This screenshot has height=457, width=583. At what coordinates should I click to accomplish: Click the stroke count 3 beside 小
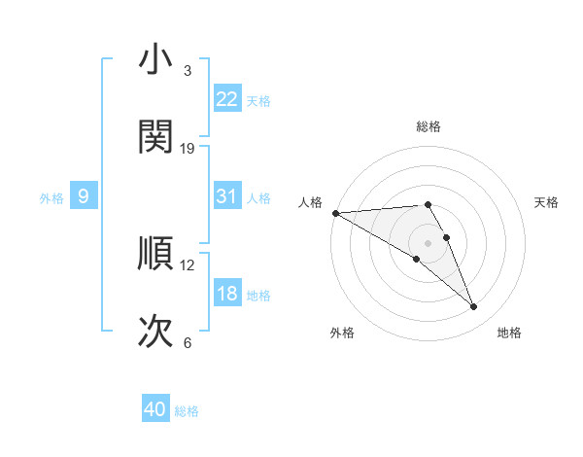(188, 71)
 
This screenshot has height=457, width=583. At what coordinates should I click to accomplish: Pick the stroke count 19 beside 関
(189, 148)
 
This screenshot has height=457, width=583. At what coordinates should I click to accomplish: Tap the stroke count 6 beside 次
(188, 343)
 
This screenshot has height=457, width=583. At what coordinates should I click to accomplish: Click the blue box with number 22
(226, 98)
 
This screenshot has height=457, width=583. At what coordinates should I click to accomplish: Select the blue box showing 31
(226, 196)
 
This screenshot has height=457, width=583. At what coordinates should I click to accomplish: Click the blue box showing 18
(226, 294)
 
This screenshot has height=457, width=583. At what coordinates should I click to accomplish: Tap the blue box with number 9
(84, 196)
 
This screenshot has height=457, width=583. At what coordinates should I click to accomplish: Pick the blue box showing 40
(155, 409)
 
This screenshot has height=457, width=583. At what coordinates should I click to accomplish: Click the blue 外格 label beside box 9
(51, 197)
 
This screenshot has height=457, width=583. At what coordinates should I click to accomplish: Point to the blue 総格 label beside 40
(187, 411)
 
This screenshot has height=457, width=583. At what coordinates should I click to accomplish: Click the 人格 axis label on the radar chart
(310, 202)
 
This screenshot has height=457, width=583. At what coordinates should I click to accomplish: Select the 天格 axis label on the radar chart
(546, 202)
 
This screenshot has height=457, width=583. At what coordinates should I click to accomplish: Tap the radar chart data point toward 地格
(474, 307)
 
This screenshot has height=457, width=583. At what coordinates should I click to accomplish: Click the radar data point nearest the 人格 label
(335, 213)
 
